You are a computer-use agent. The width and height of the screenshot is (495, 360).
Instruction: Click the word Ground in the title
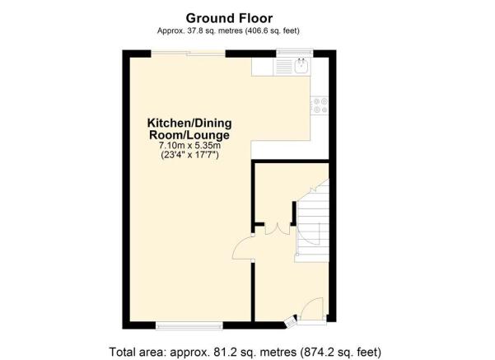[207, 18]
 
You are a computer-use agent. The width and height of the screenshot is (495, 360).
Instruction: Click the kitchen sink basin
[301, 66]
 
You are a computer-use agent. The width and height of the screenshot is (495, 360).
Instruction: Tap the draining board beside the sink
[284, 66]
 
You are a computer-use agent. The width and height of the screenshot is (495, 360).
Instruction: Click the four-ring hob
[320, 105]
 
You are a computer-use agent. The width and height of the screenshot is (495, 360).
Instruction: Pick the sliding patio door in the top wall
[188, 54]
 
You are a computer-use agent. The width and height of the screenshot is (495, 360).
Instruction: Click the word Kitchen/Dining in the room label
[189, 123]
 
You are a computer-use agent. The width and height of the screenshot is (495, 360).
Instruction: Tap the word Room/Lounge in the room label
[189, 135]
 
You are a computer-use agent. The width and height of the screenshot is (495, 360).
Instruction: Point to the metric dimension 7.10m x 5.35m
[189, 146]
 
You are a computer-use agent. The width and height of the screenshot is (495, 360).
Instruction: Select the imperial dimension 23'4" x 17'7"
[189, 155]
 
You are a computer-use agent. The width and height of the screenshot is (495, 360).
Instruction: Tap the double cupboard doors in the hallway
[278, 229]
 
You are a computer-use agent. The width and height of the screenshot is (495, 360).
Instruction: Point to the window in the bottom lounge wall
[189, 325]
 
